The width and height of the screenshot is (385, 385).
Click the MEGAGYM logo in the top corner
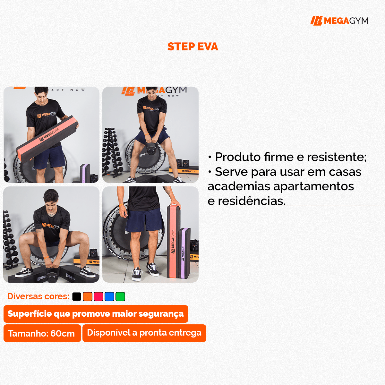point(339,21)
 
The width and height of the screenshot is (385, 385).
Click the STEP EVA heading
point(193,47)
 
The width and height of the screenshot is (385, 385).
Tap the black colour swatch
point(77,296)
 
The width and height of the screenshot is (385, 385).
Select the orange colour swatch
point(88,296)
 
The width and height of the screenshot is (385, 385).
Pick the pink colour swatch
point(98,296)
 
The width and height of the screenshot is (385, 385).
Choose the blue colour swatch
point(109,296)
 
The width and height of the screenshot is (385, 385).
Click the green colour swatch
point(120,296)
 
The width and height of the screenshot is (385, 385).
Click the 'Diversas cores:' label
point(38,296)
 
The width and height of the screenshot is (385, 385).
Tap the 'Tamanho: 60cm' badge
point(42,333)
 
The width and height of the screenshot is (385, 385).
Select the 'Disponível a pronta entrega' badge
point(144,333)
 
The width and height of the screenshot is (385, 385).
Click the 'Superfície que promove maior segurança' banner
point(96,314)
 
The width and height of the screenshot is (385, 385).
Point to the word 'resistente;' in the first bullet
point(337,157)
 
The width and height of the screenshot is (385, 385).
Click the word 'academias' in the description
point(239,186)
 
